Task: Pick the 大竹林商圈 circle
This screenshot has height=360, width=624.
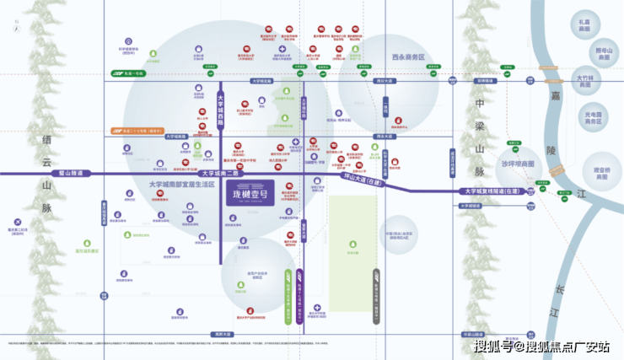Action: [x=584, y=82]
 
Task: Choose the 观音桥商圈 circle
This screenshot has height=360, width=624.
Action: [x=601, y=173]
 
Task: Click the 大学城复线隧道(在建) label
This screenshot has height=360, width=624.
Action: [x=498, y=191]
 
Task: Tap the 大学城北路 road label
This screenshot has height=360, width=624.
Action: [x=261, y=81]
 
